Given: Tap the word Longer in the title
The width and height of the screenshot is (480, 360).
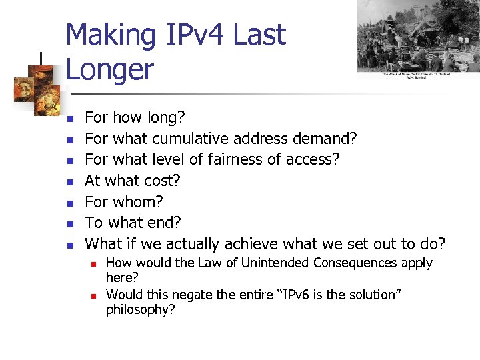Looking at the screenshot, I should pos(109,69).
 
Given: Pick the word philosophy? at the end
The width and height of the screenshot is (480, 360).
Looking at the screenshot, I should pos(140,309).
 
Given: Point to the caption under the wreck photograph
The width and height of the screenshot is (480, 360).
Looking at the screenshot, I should pos(417,75).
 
